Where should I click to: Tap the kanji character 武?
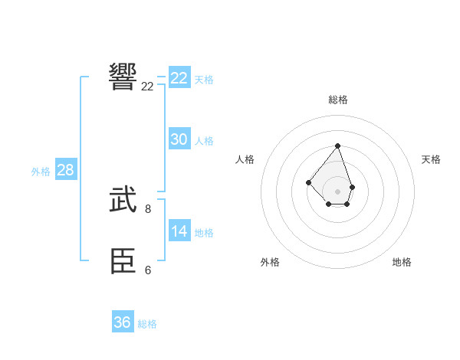point(123,200)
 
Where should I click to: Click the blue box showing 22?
point(179,78)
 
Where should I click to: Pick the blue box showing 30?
point(179,139)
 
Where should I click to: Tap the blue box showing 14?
point(179,231)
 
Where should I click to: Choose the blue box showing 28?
point(65,170)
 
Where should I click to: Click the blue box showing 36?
point(122,322)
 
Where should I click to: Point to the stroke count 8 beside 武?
point(148,208)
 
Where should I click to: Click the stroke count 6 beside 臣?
point(148,270)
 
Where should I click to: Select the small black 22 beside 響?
point(147,86)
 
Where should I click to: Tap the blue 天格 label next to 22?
point(204,79)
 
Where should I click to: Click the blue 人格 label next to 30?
point(204,141)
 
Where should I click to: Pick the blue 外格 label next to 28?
point(41,172)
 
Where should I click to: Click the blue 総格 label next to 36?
point(147,324)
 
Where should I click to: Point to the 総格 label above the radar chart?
point(337,100)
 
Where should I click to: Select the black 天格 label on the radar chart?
point(431,159)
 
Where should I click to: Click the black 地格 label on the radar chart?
point(402,262)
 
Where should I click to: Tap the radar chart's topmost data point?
point(337,146)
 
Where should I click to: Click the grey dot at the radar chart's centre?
point(337,191)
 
